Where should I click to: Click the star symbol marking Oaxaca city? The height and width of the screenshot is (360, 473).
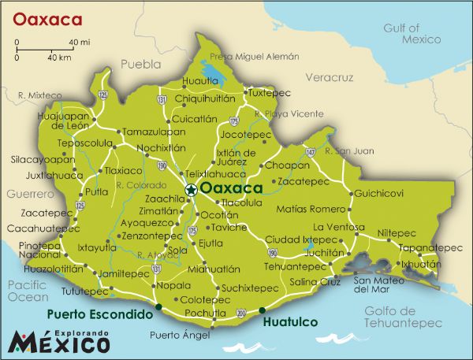[190, 189]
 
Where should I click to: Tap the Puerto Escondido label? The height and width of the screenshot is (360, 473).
[99, 314]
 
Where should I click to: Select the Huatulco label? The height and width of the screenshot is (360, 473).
[289, 322]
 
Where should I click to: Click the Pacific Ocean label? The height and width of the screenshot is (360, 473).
[28, 291]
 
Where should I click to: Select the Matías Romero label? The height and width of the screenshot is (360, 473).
[311, 210]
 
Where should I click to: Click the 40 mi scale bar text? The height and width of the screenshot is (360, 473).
[78, 41]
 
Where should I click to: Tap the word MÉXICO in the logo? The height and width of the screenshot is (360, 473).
[60, 343]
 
